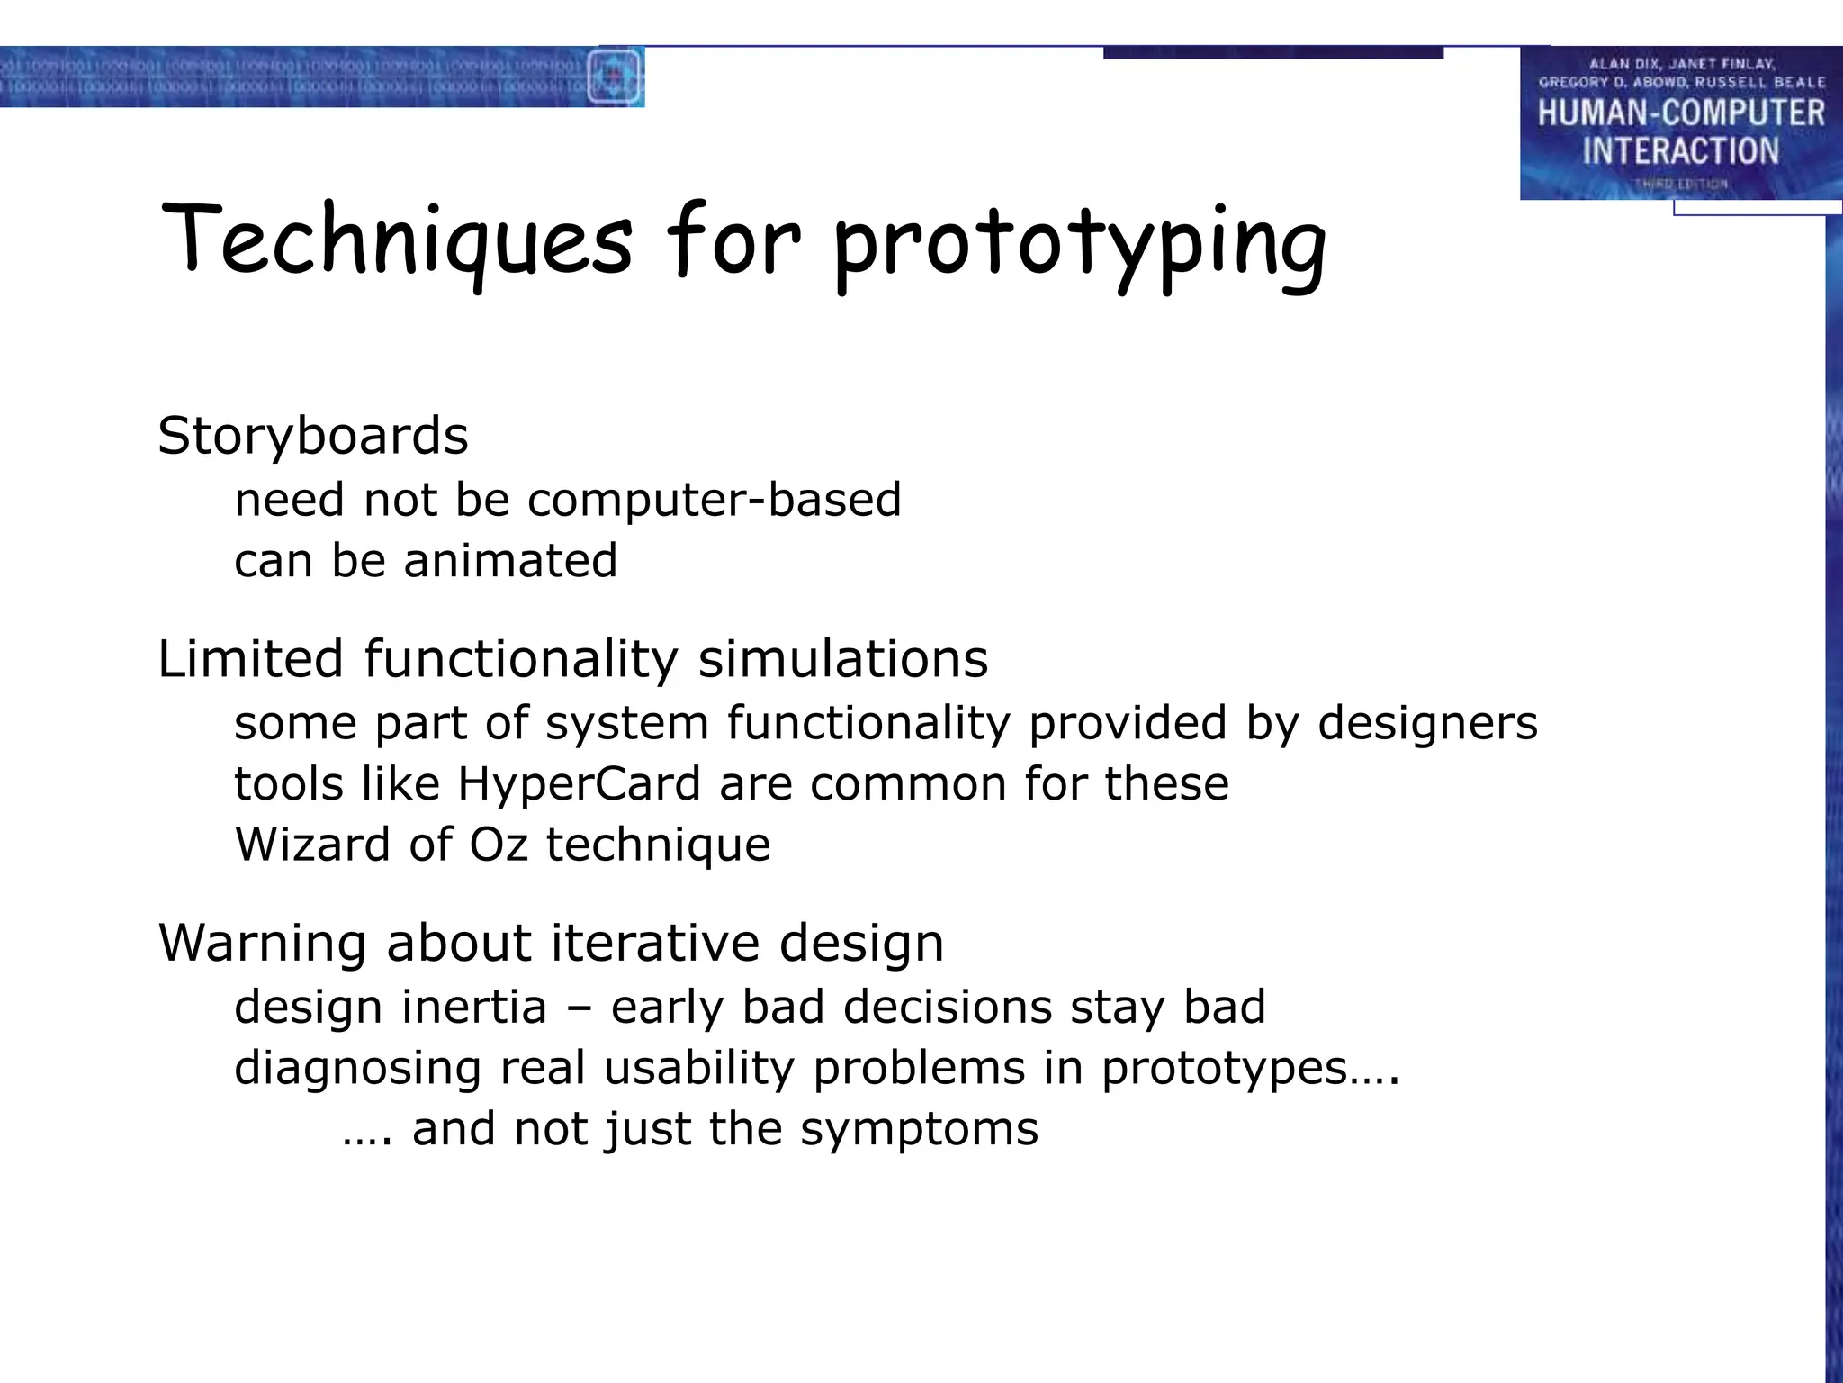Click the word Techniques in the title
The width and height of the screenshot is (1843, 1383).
396,241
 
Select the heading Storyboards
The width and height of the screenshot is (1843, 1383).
312,437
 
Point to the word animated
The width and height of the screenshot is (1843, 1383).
510,561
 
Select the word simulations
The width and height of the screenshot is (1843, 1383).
843,658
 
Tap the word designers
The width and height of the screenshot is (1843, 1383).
1427,723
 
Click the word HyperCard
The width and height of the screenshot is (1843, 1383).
579,783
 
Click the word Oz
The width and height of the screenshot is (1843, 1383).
498,845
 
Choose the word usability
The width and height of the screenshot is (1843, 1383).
700,1069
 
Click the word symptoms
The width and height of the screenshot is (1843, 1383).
919,1130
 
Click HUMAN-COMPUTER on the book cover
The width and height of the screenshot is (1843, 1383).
1680,113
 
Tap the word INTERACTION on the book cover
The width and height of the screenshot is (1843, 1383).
1680,151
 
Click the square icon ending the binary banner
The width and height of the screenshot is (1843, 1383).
615,77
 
